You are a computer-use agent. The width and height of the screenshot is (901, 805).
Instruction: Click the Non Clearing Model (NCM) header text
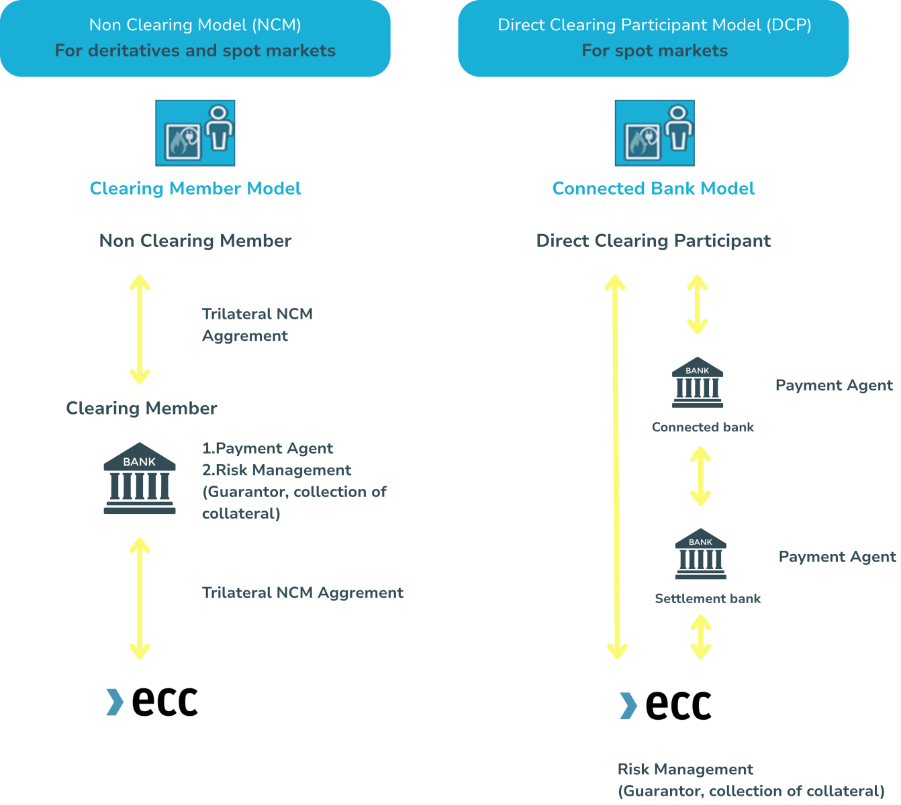195,25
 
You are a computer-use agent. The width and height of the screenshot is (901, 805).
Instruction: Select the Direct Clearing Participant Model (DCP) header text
654,25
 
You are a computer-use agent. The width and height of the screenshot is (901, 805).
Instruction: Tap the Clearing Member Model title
195,189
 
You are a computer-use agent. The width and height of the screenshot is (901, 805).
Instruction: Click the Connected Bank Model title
653,189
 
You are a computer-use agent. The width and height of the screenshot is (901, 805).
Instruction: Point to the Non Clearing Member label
195,241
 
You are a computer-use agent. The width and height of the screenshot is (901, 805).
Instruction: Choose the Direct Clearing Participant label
653,241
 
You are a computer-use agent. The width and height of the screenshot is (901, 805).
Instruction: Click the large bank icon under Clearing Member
140,478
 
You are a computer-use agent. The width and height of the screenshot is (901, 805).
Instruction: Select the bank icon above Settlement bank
700,554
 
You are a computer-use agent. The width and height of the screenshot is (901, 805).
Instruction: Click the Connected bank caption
702,427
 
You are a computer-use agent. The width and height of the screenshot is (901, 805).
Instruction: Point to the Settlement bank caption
708,599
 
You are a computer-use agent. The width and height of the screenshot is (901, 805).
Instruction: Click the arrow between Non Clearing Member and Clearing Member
140,329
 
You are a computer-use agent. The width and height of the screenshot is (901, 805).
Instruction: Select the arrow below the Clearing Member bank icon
140,598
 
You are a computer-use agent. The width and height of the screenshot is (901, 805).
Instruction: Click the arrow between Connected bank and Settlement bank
700,476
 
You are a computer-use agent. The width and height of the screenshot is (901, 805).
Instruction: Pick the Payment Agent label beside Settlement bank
837,557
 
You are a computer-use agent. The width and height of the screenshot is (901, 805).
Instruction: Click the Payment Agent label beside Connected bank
834,385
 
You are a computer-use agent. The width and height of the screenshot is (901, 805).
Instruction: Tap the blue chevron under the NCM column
115,702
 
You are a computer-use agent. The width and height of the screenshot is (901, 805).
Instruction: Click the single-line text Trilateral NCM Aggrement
302,593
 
